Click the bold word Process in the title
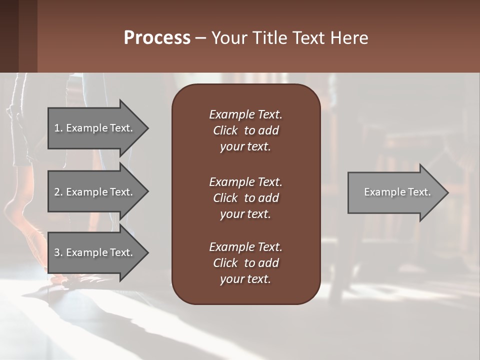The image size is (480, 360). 157,38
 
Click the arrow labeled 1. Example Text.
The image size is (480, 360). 95,128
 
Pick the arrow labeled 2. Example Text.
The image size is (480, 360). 95,192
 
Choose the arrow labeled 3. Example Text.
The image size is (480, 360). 95,252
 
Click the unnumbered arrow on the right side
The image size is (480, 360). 395,192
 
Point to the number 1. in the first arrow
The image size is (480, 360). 58,128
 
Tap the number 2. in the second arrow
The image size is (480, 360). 58,192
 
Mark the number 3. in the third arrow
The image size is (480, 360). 58,252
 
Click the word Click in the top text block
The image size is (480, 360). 225,130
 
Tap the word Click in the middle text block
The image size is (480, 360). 225,198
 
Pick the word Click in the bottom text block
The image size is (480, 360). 225,263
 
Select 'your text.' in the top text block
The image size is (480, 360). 245,147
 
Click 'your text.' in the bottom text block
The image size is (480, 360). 245,279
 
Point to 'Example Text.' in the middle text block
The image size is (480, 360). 245,181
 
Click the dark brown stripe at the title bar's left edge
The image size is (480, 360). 9,36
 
